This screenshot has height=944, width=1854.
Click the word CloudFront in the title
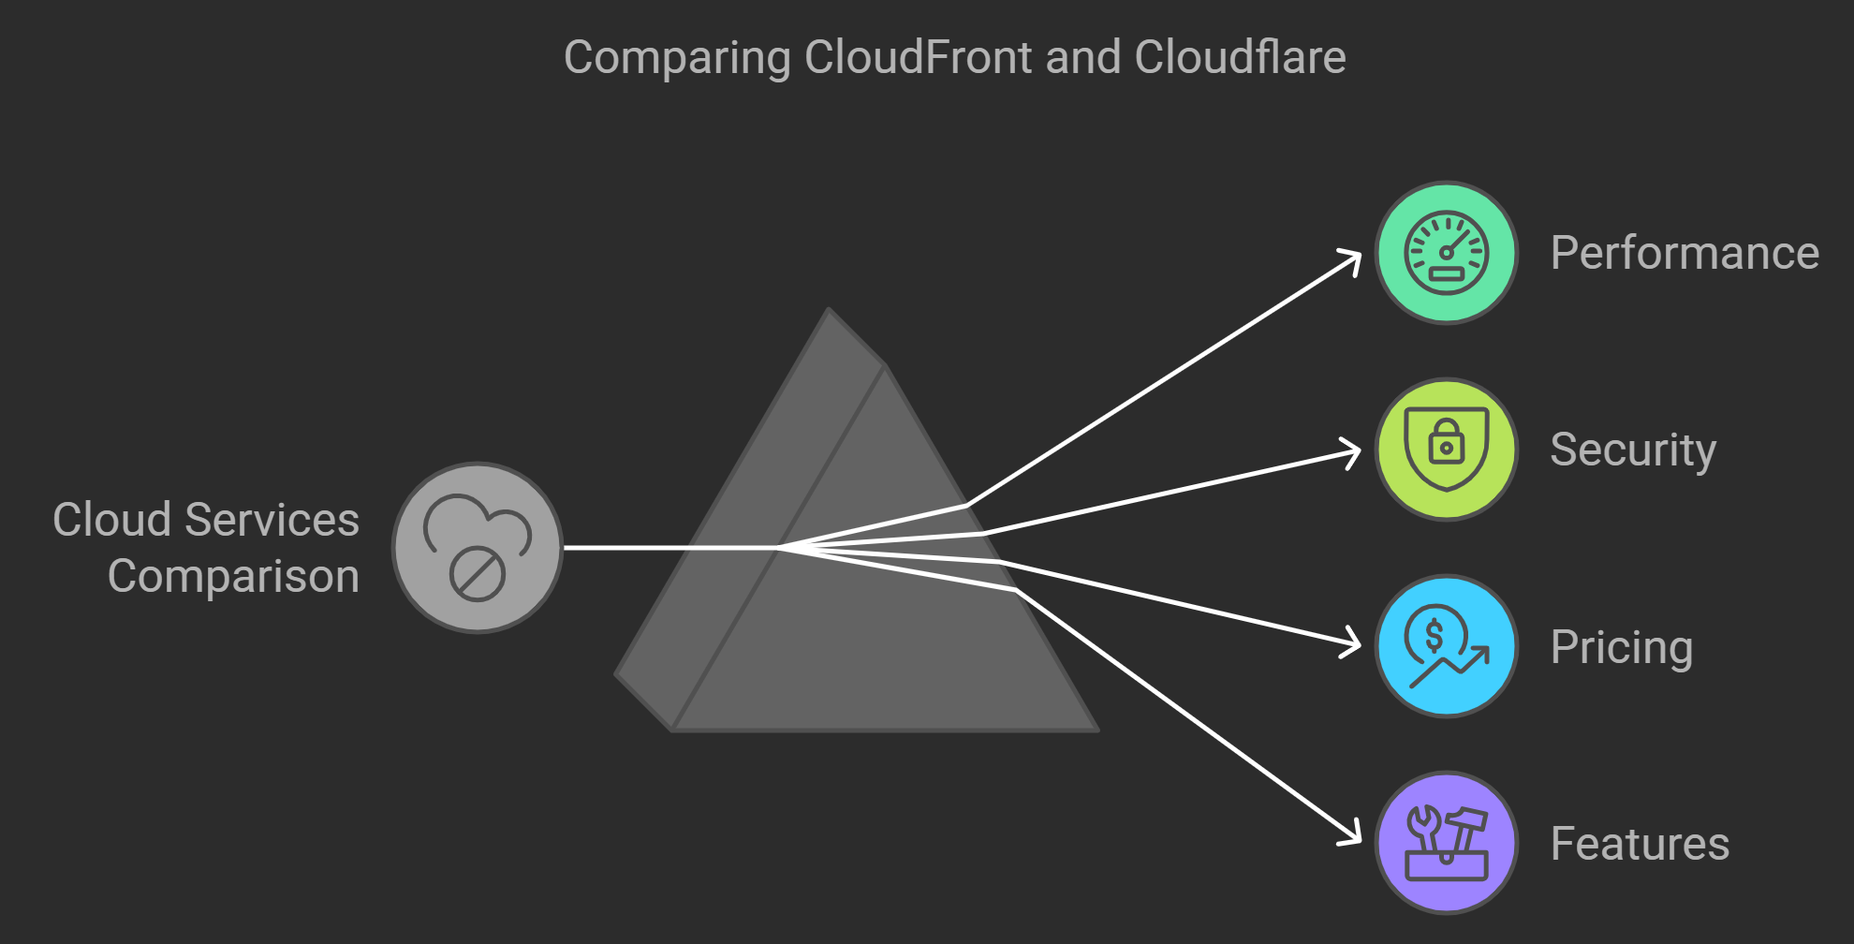coord(918,57)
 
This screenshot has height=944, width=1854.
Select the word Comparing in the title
coord(677,58)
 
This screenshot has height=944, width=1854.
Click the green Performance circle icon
coord(1447,253)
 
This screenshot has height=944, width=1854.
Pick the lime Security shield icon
coord(1447,450)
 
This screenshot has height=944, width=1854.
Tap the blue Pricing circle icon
coord(1447,646)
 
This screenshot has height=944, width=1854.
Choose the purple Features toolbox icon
coord(1447,843)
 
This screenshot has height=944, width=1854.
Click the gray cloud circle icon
coord(478,548)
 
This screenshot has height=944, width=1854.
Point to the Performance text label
coord(1685,253)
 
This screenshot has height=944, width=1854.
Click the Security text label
coord(1633,450)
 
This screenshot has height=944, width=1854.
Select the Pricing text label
coord(1622,647)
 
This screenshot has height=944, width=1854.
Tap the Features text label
coord(1640,844)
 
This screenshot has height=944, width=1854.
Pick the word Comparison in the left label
coord(233,576)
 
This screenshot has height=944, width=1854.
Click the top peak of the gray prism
coord(830,311)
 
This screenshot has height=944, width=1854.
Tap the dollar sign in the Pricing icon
coord(1434,637)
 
